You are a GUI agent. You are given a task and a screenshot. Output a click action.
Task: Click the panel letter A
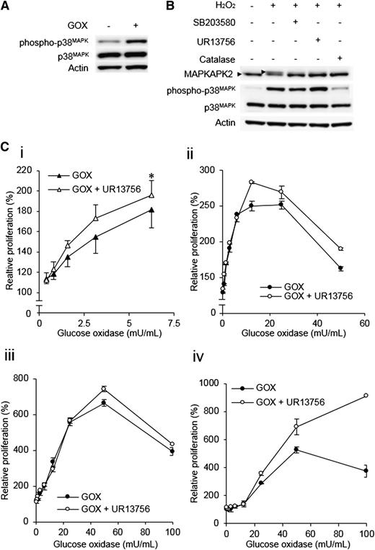[5, 6]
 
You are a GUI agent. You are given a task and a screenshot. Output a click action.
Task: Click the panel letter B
[167, 6]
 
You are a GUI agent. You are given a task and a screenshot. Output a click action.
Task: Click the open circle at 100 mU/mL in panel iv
[366, 395]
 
